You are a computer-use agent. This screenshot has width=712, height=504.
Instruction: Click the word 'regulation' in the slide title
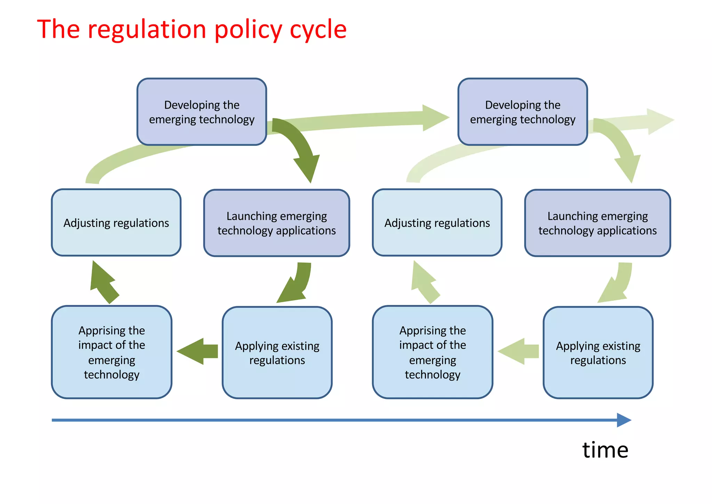tap(147, 29)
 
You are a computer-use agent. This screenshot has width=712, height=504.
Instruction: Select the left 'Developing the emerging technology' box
tap(202, 112)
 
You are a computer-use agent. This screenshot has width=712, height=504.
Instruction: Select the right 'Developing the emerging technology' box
tap(523, 112)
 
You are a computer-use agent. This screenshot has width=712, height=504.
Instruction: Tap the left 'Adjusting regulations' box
tap(116, 223)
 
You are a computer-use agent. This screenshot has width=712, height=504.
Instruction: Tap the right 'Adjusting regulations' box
tap(437, 223)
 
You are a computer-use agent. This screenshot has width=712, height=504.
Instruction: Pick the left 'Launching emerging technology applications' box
tap(276, 223)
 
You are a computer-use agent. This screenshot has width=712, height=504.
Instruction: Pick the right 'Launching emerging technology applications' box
tap(597, 223)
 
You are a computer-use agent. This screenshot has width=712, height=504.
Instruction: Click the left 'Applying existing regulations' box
tap(277, 353)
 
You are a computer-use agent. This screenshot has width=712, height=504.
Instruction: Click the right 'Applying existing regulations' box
tap(598, 353)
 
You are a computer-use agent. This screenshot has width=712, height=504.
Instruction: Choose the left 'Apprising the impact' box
tap(112, 352)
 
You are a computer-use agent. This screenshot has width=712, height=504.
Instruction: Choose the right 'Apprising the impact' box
tap(432, 352)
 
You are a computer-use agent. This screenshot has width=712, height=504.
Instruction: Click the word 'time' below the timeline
tap(605, 450)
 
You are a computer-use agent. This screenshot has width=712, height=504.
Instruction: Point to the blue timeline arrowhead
tap(624, 420)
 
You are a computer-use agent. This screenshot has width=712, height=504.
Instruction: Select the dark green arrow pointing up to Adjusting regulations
tap(103, 283)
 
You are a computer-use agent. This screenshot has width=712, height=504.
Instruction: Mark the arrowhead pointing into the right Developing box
tap(435, 118)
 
